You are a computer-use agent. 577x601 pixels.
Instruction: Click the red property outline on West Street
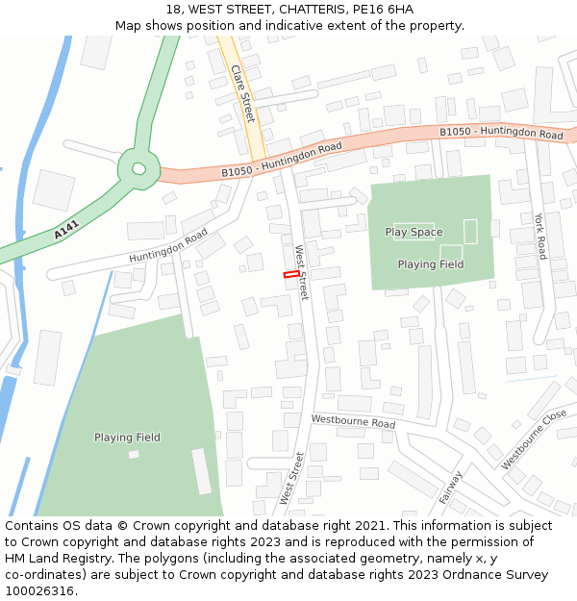tap(291, 275)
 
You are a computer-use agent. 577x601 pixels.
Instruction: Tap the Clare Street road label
tap(243, 93)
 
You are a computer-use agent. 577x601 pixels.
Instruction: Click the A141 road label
tap(66, 231)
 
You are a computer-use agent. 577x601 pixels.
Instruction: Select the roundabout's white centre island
tap(138, 169)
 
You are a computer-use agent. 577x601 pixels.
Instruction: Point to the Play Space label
tap(414, 232)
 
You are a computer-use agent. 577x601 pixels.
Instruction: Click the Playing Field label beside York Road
tap(430, 264)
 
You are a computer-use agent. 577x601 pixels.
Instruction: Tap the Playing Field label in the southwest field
tap(127, 438)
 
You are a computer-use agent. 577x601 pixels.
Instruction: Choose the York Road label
tap(540, 237)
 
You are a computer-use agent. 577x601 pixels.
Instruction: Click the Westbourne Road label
tap(353, 422)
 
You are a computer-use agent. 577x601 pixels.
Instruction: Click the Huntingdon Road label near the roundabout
tap(168, 246)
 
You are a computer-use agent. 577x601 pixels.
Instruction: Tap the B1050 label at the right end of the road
tap(501, 133)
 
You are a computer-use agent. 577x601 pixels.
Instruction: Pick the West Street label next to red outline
tap(302, 272)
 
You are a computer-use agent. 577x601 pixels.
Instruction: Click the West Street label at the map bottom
tap(291, 478)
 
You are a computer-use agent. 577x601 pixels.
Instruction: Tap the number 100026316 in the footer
tap(38, 591)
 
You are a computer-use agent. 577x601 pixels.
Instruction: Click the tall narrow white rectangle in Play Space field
tap(470, 231)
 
